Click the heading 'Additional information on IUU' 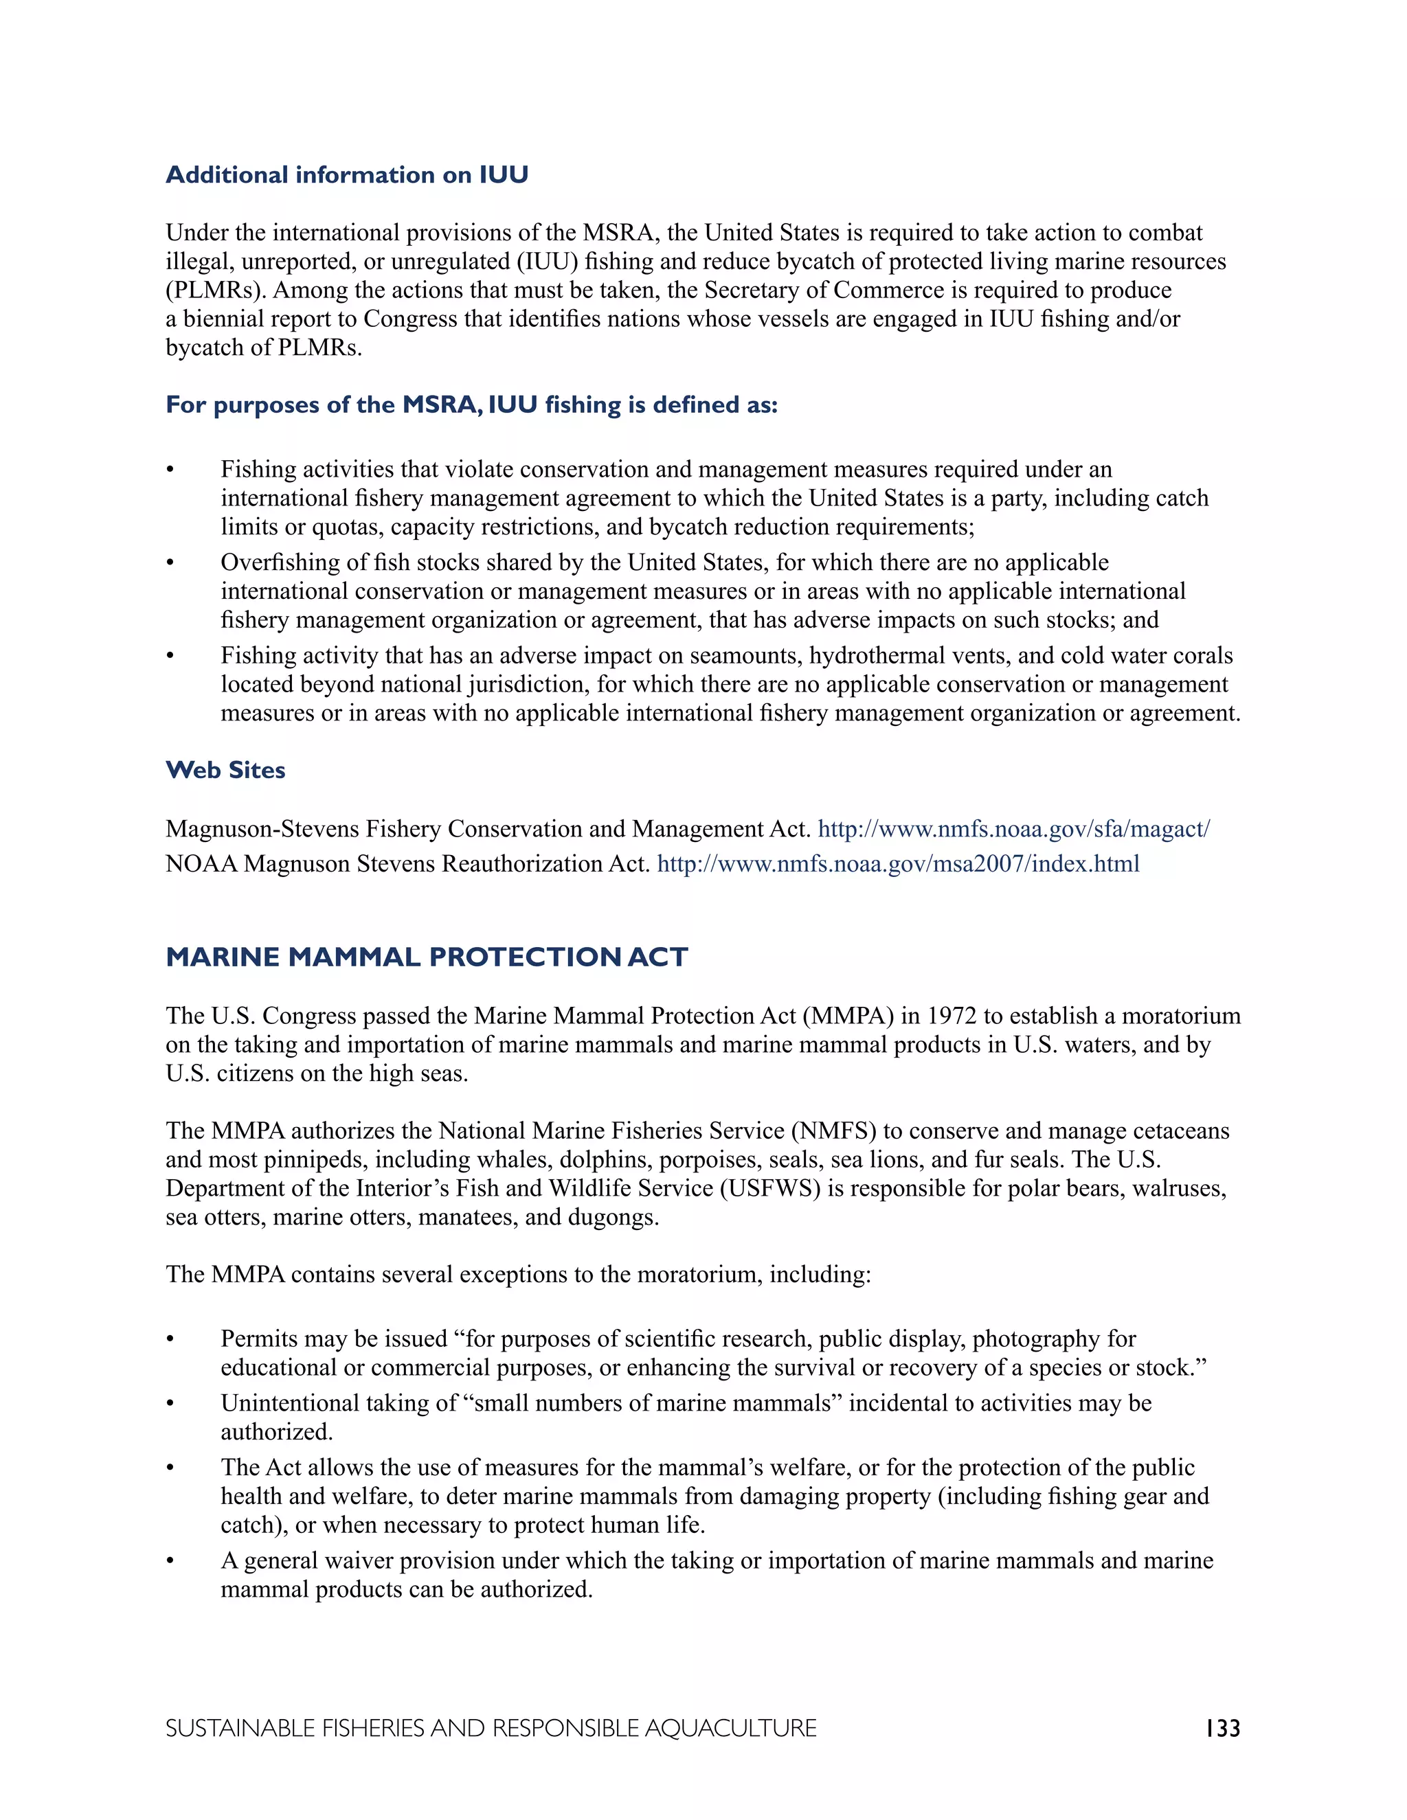coord(347,175)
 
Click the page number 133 coord(1222,1729)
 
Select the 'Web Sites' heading coord(225,770)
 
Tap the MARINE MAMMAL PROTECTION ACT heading coord(427,957)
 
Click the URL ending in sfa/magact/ coord(1013,829)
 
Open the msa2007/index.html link coord(898,864)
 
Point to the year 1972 coord(952,1016)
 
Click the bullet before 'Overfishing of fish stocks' coord(170,563)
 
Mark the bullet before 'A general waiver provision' coord(170,1562)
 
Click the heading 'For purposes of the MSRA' coord(471,405)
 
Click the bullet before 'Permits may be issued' coord(170,1340)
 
